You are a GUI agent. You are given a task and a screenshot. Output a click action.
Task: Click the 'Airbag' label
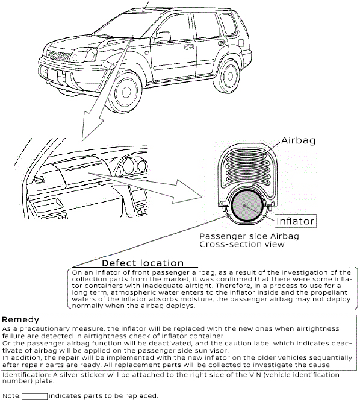tap(298, 140)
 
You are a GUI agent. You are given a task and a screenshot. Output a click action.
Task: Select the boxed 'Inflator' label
tap(296, 221)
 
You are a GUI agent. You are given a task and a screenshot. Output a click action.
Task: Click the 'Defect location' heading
tap(143, 263)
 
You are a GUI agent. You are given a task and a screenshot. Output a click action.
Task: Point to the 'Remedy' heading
tap(20, 319)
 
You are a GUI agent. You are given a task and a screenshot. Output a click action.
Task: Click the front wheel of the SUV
tap(125, 93)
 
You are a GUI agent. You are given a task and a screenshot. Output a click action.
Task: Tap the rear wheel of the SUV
tap(228, 75)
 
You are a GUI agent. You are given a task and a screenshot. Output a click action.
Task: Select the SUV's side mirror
tap(162, 37)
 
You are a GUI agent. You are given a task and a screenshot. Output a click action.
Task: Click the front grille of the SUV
tap(57, 55)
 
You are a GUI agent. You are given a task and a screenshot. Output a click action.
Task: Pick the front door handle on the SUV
tap(189, 47)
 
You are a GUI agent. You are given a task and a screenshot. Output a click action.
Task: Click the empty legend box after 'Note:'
tap(34, 397)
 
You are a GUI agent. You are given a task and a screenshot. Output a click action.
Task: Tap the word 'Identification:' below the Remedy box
tap(26, 375)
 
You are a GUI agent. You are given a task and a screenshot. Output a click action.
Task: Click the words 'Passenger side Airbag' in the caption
tap(249, 236)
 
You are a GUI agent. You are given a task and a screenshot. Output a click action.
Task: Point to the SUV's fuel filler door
tap(241, 43)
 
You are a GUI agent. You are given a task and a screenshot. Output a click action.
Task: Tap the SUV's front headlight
tap(83, 55)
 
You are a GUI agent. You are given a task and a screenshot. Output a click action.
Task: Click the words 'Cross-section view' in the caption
tap(242, 244)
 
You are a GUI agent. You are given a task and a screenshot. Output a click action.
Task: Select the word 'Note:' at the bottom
tap(11, 396)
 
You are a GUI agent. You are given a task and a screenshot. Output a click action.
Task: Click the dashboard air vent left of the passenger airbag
tap(39, 180)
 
